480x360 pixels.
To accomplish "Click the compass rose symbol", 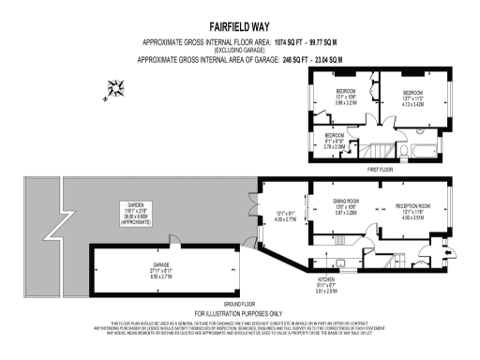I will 116,89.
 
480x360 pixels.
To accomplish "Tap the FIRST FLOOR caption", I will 381,169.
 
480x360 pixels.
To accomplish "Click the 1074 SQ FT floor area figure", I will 286,43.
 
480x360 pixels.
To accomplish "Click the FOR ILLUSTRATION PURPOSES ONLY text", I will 239,312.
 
